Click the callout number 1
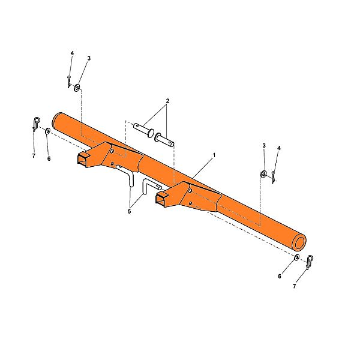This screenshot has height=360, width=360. [x=214, y=155]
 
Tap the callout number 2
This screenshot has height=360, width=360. [x=167, y=101]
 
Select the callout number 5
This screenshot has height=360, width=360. [x=129, y=211]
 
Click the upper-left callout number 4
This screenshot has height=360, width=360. [x=73, y=53]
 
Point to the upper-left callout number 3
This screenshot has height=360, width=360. [x=89, y=58]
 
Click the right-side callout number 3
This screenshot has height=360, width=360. [x=264, y=146]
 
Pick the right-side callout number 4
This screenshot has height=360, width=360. [x=279, y=148]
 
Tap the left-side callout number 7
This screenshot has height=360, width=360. [x=34, y=155]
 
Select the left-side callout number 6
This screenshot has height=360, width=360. [x=49, y=158]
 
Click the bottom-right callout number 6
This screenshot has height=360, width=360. [x=280, y=276]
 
